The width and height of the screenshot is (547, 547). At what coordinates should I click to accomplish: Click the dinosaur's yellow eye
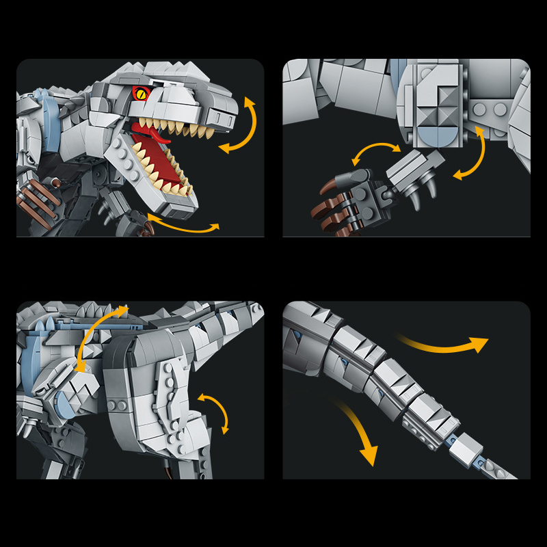coord(141,94)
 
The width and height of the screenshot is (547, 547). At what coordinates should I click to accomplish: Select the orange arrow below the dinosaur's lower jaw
coord(183,224)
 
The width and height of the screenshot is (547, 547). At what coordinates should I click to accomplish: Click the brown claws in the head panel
coord(33,199)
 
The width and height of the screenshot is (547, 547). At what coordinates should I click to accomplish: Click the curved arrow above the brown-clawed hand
coord(376,152)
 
